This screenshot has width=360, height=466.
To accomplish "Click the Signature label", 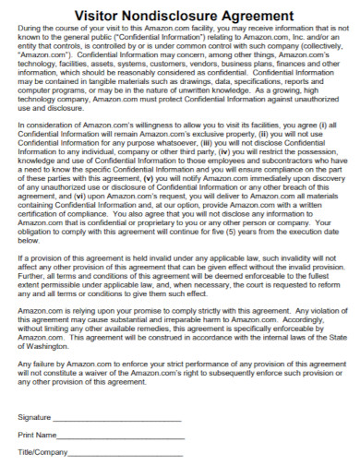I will pyautogui.click(x=35, y=418).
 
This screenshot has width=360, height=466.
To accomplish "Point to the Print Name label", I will pyautogui.click(x=37, y=434).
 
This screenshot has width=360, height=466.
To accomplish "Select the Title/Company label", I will pyautogui.click(x=42, y=452).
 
